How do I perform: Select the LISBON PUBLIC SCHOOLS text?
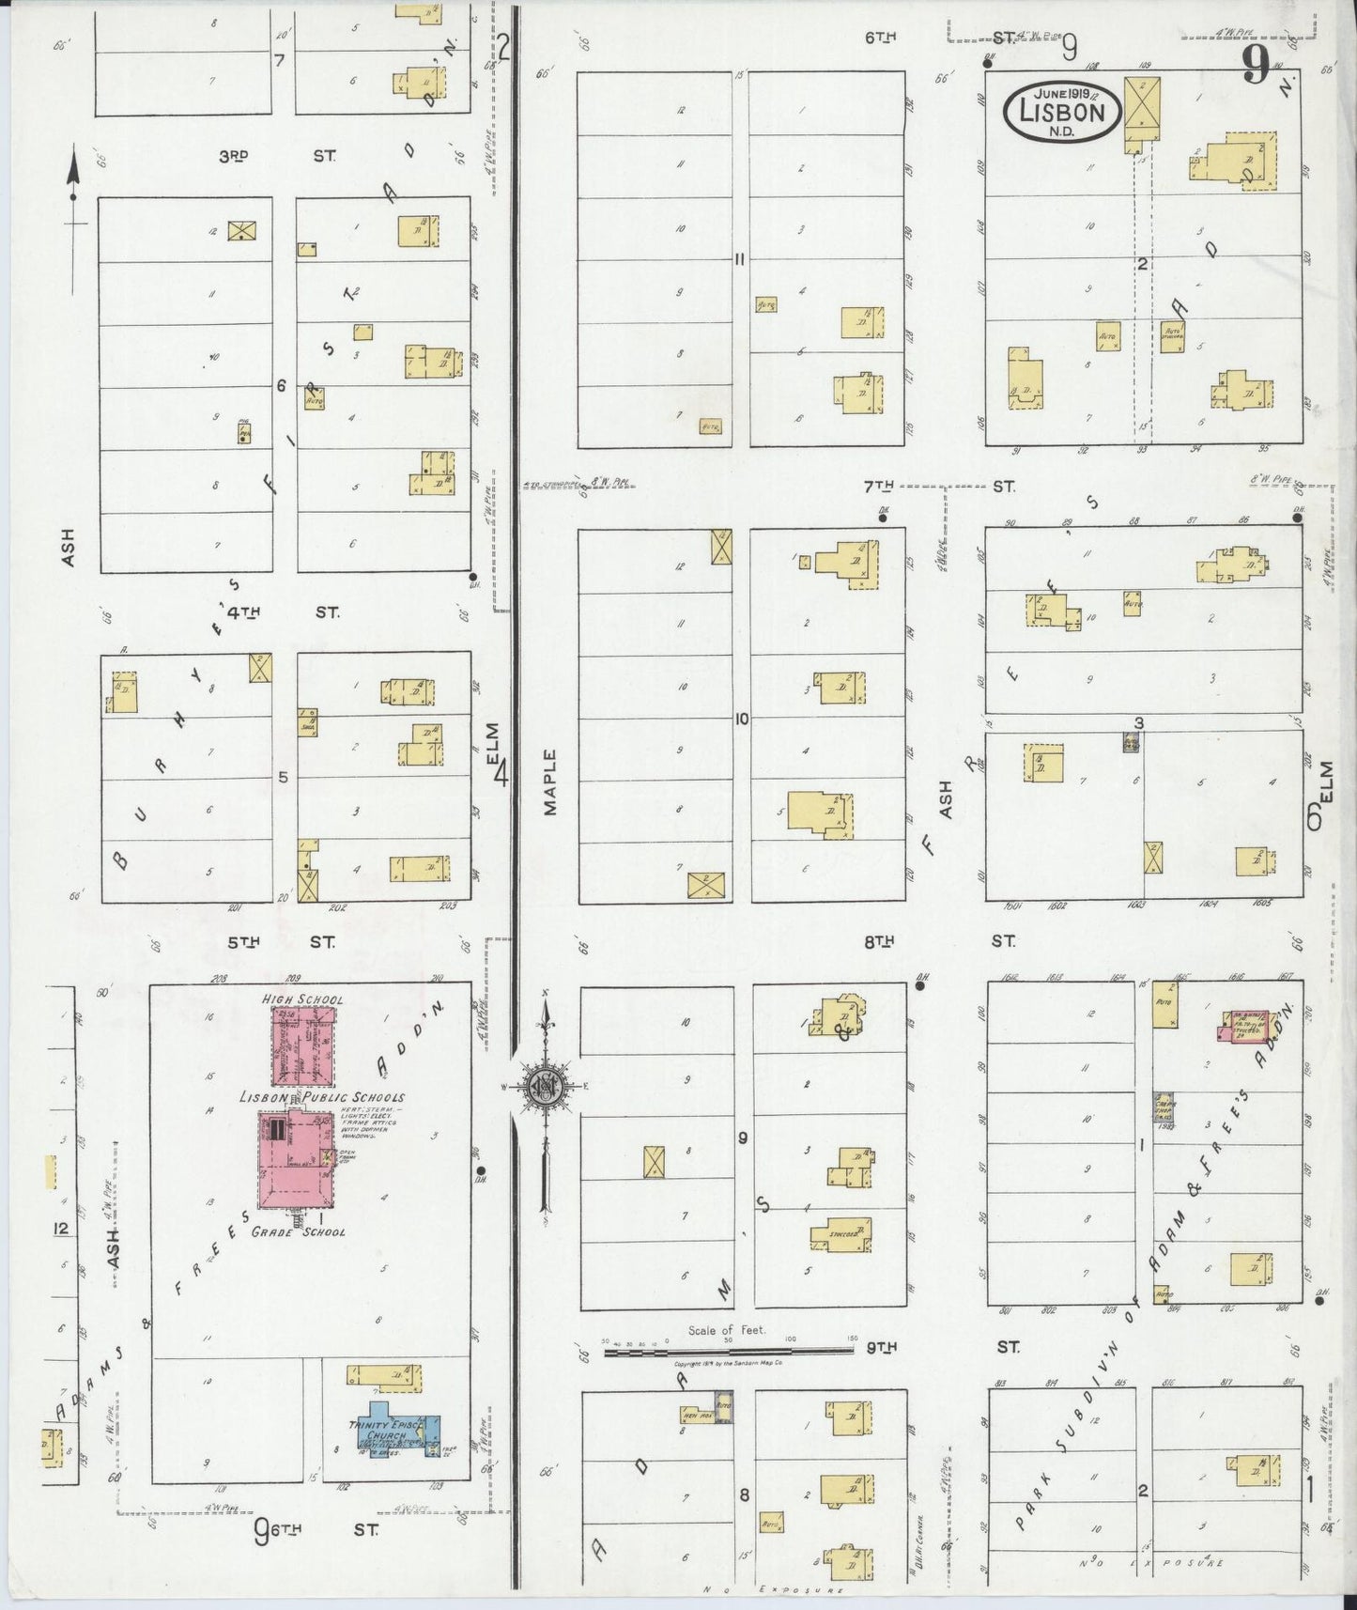point(322,1096)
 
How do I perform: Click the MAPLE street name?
point(550,782)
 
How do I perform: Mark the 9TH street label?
point(880,1347)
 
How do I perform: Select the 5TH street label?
point(240,939)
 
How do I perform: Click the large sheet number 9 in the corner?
point(1255,66)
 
